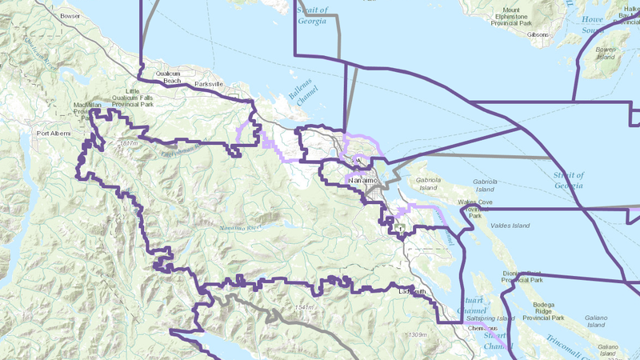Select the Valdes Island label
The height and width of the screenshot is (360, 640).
click(511, 226)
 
